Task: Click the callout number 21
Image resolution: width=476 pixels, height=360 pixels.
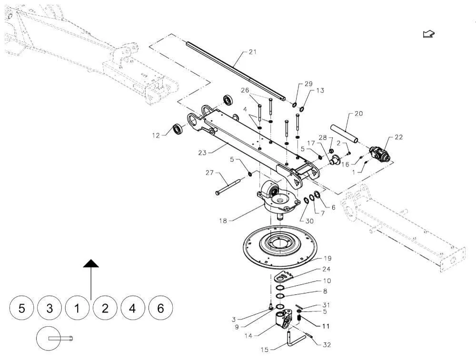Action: tap(253, 52)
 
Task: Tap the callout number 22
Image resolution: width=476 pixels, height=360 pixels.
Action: tap(398, 137)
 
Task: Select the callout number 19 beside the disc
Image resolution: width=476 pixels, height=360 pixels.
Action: tap(327, 259)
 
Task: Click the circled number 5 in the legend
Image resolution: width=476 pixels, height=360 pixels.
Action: tap(21, 308)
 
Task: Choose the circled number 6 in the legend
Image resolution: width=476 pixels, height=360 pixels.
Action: tap(160, 308)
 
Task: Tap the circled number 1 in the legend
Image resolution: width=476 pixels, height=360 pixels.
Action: tap(77, 308)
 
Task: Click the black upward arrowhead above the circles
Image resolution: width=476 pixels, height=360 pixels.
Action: tap(91, 264)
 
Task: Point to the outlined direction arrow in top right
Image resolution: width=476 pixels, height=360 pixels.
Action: tap(429, 34)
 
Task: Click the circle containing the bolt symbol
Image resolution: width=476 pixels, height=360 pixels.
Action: tap(48, 339)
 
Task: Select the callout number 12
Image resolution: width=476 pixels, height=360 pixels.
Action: tap(156, 136)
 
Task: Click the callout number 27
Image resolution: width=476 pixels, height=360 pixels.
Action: tap(210, 173)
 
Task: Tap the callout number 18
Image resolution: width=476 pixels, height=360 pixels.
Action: tap(223, 221)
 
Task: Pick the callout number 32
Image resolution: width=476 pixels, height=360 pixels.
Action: tap(327, 345)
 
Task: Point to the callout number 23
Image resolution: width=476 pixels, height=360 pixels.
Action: tap(202, 153)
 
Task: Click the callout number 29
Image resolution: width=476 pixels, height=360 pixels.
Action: tap(308, 84)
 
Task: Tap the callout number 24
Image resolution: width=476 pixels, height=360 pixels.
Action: tap(327, 269)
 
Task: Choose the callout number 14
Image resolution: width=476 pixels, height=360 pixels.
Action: tap(248, 336)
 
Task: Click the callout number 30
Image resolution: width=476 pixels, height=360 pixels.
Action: tap(309, 221)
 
